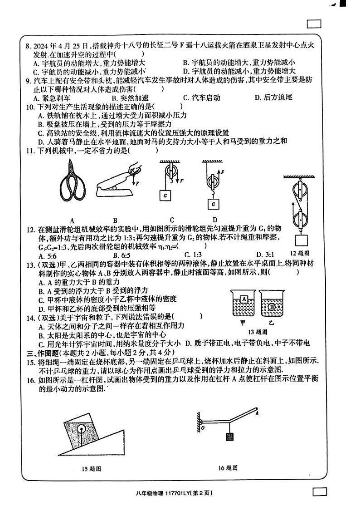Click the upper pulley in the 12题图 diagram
(x=300, y=187)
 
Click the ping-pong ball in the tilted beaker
(x=81, y=427)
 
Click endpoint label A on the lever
(x=257, y=413)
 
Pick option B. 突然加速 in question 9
(x=128, y=98)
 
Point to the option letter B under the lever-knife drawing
(x=115, y=221)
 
